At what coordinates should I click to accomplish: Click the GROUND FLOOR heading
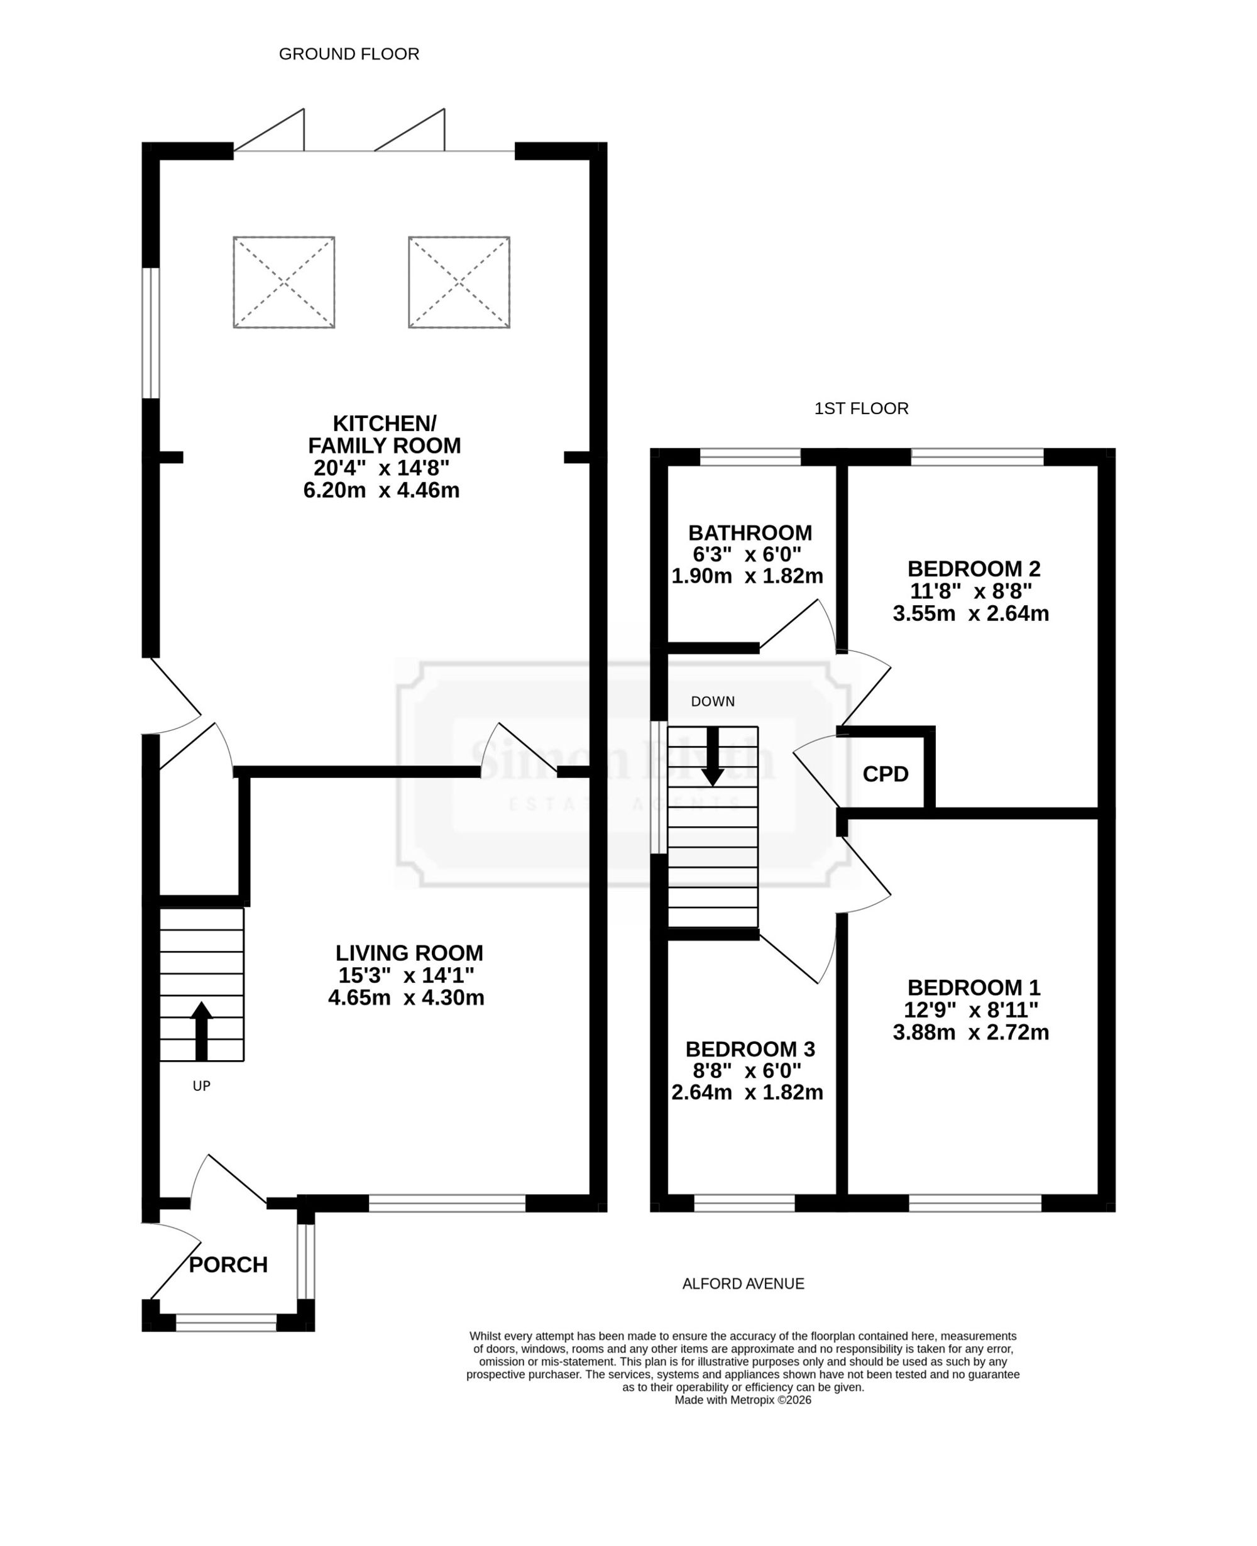pyautogui.click(x=349, y=54)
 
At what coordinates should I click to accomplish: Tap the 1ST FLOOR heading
pyautogui.click(x=861, y=408)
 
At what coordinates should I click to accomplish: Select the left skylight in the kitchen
pyautogui.click(x=284, y=282)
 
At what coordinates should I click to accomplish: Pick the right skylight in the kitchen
pyautogui.click(x=459, y=282)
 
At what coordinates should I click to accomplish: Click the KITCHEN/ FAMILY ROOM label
pyautogui.click(x=384, y=434)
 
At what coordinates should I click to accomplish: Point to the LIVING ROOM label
pyautogui.click(x=409, y=953)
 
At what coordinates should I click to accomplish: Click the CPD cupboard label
pyautogui.click(x=886, y=774)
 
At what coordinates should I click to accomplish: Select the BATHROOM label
pyautogui.click(x=750, y=533)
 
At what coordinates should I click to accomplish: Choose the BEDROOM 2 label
pyautogui.click(x=974, y=568)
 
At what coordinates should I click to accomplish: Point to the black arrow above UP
pyautogui.click(x=201, y=1031)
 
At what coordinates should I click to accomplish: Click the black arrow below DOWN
pyautogui.click(x=713, y=756)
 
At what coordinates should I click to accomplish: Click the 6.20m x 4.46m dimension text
pyautogui.click(x=381, y=490)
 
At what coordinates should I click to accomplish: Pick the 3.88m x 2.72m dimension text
pyautogui.click(x=971, y=1033)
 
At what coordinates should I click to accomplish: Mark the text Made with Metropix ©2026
pyautogui.click(x=743, y=1400)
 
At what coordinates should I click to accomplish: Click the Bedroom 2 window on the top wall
pyautogui.click(x=977, y=456)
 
